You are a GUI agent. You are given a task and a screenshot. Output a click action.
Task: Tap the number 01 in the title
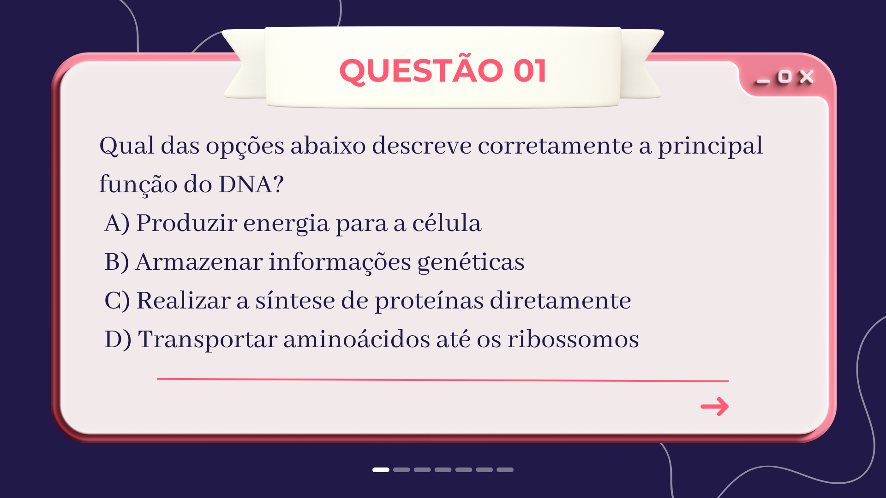tap(530, 71)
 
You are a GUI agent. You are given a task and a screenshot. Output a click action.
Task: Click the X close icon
tap(806, 77)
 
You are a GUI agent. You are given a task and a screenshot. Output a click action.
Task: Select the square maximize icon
tap(784, 77)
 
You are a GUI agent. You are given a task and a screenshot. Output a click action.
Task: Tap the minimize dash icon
tap(763, 82)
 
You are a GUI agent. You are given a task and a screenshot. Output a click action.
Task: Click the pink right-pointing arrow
tap(714, 406)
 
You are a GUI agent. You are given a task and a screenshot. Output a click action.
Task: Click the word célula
tap(447, 223)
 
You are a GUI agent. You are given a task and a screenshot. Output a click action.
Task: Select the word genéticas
tap(471, 262)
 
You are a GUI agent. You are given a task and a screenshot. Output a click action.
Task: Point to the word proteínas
tap(429, 301)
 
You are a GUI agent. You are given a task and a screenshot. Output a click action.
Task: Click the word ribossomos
tap(573, 339)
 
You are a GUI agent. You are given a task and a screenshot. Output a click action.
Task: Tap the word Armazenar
tap(199, 262)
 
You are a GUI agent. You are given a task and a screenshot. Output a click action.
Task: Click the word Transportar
tap(208, 340)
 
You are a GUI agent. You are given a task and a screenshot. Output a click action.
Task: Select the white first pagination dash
tap(381, 470)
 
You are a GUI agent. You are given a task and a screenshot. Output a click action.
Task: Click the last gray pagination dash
tap(505, 470)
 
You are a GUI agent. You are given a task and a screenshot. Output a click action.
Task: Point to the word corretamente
tap(555, 146)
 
